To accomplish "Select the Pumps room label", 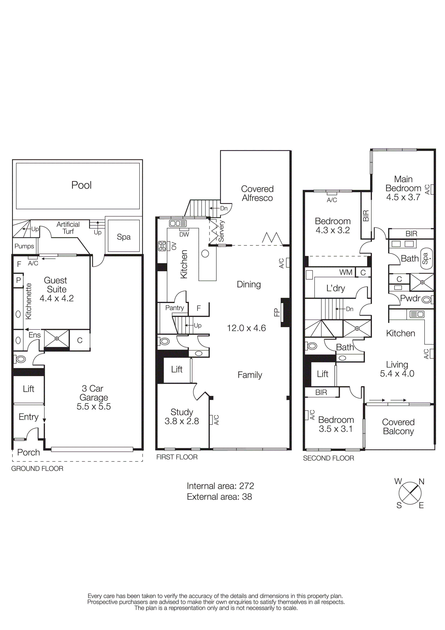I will (x=24, y=246).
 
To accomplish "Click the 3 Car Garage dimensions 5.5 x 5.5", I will (x=94, y=406).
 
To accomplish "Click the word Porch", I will (x=29, y=452).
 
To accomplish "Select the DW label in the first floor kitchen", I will (x=184, y=235).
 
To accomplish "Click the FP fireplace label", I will (x=276, y=312).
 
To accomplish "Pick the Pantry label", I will (x=174, y=308).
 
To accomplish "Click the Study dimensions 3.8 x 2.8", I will (x=181, y=421).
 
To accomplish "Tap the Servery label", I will (x=221, y=231).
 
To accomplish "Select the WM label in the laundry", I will (x=346, y=272).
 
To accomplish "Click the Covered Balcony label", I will (x=398, y=427).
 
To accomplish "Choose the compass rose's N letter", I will (x=421, y=481).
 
